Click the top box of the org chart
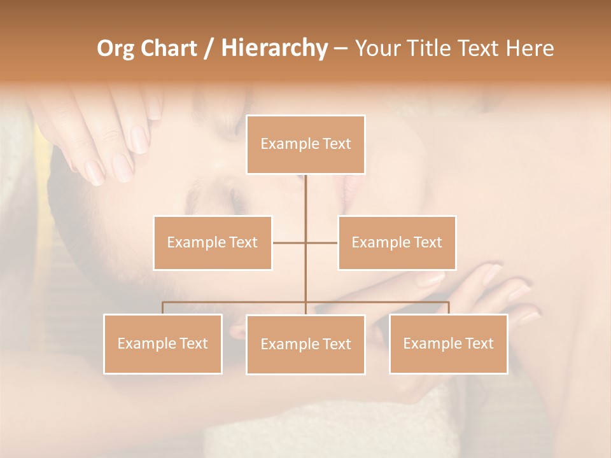click(x=305, y=144)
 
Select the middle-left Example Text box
click(x=213, y=243)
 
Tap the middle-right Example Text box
click(x=397, y=243)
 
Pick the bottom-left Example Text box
click(x=163, y=344)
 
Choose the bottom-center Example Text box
click(x=305, y=345)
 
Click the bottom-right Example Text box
click(x=448, y=344)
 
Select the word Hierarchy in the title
click(x=274, y=48)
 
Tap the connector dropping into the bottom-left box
click(x=163, y=308)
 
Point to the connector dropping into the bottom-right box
click(x=448, y=308)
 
